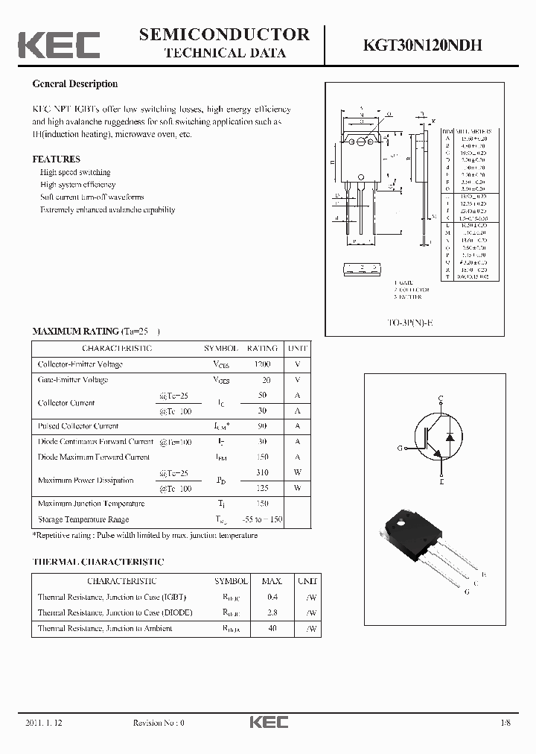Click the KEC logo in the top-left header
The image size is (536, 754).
click(x=59, y=44)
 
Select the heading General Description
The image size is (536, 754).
click(x=74, y=84)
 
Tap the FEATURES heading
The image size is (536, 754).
click(x=56, y=159)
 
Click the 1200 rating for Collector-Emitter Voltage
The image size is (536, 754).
click(x=262, y=364)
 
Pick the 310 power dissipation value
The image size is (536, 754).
click(x=262, y=473)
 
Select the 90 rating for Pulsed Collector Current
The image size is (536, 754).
click(x=262, y=426)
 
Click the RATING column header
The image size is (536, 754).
click(x=262, y=348)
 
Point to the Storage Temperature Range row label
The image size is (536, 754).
click(x=83, y=519)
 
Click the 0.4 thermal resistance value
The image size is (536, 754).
click(x=272, y=597)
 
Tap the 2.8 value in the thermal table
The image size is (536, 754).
click(x=272, y=612)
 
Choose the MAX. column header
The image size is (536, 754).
click(x=272, y=580)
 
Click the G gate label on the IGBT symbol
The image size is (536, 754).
click(x=400, y=448)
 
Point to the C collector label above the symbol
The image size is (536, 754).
click(x=441, y=398)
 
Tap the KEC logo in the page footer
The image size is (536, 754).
click(x=268, y=723)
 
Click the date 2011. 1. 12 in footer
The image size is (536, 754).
click(x=45, y=723)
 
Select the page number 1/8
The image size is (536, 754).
click(x=506, y=723)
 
